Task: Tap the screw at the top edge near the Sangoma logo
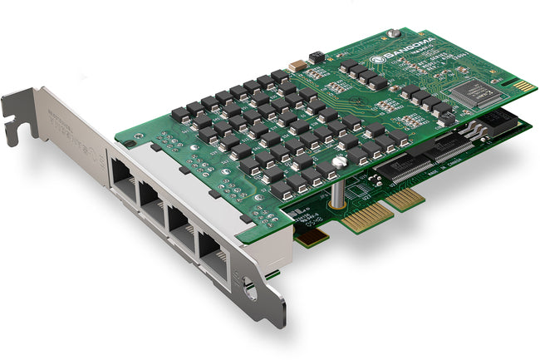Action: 395,34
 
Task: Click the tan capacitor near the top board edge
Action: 296,65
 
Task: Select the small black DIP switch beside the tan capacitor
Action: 315,58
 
